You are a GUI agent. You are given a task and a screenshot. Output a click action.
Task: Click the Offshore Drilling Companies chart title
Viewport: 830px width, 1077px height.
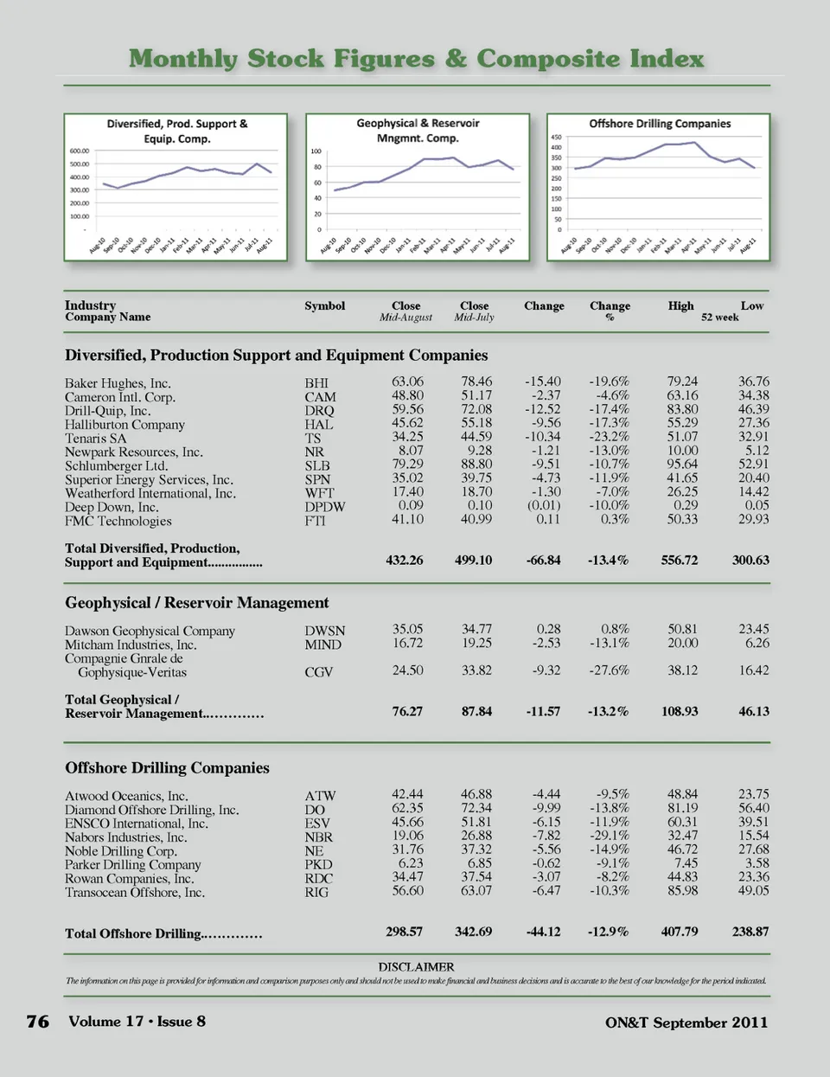[x=660, y=124]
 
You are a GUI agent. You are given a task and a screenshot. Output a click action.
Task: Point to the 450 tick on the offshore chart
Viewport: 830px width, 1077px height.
[x=557, y=137]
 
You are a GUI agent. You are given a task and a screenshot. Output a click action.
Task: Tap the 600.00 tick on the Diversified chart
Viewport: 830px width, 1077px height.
[x=79, y=151]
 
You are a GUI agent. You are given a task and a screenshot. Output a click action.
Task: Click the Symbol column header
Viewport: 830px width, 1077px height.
[x=324, y=306]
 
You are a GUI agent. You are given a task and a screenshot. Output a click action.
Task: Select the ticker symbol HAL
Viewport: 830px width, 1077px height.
[x=318, y=425]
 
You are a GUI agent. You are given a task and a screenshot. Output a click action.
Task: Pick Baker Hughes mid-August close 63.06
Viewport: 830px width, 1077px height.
[x=407, y=381]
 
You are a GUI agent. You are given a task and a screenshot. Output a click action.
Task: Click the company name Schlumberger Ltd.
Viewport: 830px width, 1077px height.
[x=116, y=465]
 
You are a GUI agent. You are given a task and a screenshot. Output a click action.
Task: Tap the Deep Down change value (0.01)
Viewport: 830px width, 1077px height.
[x=543, y=505]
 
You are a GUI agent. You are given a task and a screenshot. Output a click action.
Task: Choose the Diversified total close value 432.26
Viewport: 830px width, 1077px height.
[x=405, y=561]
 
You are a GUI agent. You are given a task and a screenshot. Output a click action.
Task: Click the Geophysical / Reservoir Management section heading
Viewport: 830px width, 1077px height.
[x=197, y=603]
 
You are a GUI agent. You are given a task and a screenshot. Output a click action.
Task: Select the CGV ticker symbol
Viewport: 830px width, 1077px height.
[x=318, y=672]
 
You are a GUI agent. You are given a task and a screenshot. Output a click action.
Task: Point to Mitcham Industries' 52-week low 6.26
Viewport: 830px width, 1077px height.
[x=757, y=644]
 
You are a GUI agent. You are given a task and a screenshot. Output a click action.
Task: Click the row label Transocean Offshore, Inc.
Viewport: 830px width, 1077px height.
[x=135, y=893]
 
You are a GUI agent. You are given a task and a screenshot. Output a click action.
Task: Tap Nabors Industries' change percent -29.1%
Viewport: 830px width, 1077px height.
[x=609, y=836]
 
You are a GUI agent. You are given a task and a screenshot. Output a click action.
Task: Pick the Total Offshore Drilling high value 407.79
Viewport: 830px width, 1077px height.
[x=679, y=932]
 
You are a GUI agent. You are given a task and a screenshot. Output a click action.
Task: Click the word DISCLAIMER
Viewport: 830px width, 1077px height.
[x=416, y=967]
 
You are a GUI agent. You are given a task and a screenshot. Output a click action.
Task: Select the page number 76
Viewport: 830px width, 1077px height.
[x=38, y=1022]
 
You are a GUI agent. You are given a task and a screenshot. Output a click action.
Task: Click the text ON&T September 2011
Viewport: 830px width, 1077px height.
[x=686, y=1023]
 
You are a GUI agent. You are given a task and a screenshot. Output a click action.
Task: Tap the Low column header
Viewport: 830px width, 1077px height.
[x=751, y=306]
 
